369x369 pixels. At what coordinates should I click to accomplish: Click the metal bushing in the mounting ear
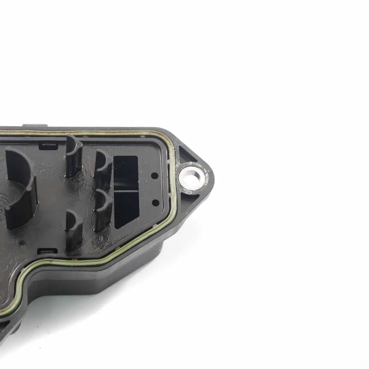tap(192, 178)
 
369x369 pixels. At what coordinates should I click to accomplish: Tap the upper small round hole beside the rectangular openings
tap(155, 176)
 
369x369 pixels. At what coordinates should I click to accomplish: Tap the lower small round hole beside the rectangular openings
tap(155, 203)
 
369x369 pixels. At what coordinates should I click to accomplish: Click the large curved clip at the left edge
tap(20, 188)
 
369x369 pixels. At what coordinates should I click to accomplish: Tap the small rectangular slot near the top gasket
tap(48, 147)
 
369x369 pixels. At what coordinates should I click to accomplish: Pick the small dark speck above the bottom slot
tap(23, 243)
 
